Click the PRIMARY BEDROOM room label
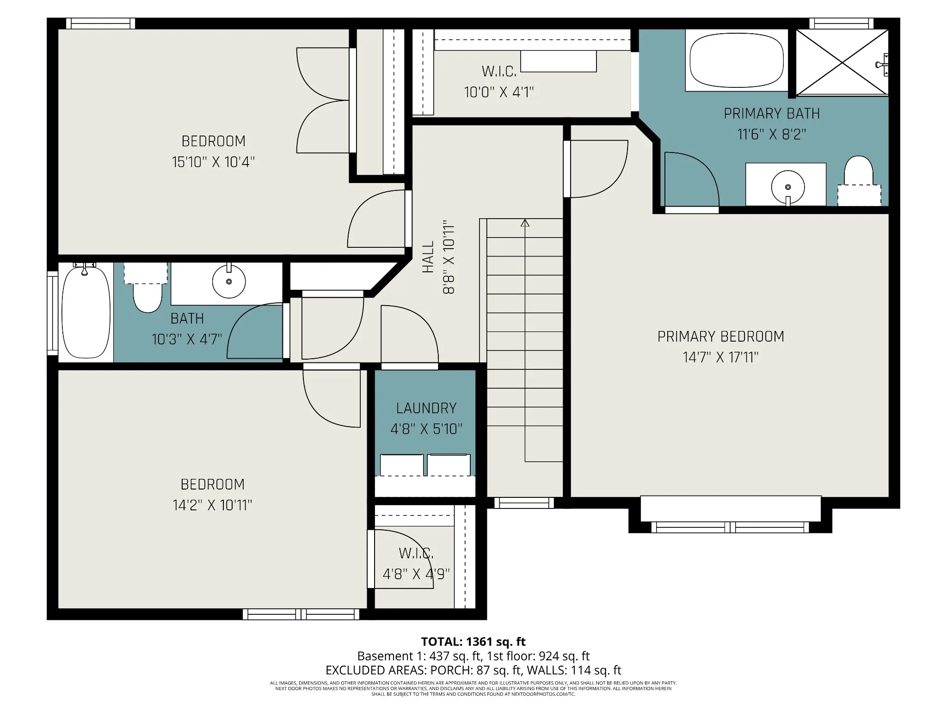720,337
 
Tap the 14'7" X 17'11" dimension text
720,357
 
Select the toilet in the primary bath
859,181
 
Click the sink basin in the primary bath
788,187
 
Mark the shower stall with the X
842,62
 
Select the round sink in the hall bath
229,281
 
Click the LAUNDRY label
426,408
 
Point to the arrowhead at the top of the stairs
525,223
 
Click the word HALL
429,257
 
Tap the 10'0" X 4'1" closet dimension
499,92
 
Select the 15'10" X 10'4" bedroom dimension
213,162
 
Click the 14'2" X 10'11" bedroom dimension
212,505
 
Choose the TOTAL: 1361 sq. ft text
473,642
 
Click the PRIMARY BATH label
772,114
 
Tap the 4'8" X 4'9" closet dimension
416,574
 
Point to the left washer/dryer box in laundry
402,465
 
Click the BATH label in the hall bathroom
187,318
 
